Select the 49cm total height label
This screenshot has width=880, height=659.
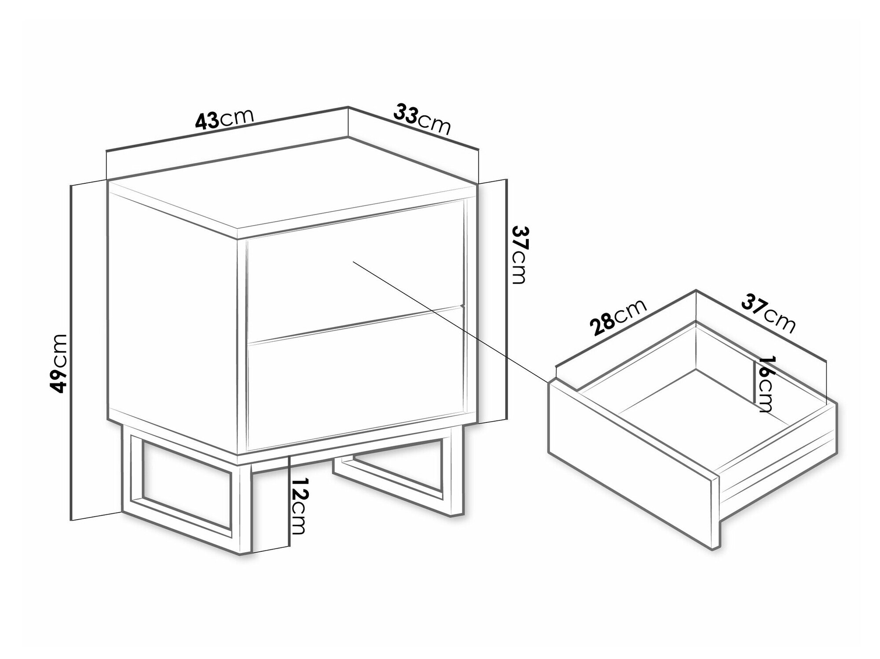[59, 363]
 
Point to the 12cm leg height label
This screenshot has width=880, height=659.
[297, 506]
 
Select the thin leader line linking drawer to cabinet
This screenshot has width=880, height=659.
[450, 321]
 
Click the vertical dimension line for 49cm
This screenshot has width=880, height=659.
[71, 352]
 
